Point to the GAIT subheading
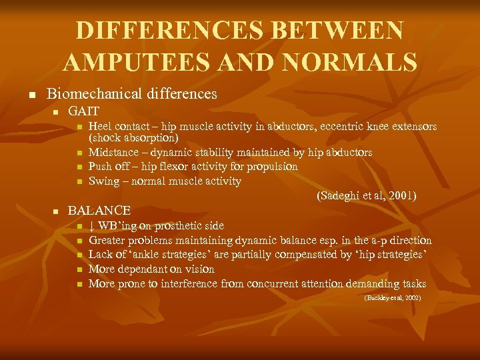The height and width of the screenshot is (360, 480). [84, 111]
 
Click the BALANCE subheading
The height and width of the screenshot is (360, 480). [99, 211]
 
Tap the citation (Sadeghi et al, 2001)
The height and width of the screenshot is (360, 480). [367, 195]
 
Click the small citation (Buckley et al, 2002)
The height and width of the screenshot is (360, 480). [392, 298]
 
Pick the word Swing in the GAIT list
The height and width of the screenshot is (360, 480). [102, 181]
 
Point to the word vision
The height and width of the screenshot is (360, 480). [197, 269]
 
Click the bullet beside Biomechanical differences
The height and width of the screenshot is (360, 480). [30, 95]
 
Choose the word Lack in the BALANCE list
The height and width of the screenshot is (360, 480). [101, 255]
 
